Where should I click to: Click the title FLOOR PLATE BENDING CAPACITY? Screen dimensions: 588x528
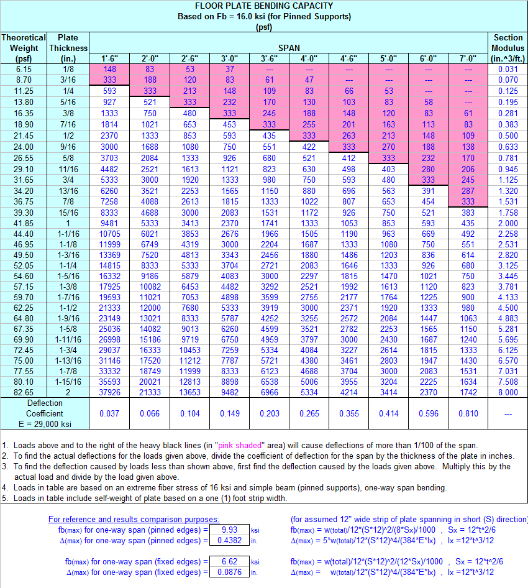[264, 6]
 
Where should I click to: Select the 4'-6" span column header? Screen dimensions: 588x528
[348, 59]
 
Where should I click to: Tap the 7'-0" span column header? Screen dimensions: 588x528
[468, 59]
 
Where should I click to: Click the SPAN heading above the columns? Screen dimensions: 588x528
[289, 48]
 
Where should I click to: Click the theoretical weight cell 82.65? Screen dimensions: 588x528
[24, 392]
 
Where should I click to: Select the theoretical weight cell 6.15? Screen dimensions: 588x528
[24, 69]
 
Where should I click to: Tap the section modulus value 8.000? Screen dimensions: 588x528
[508, 392]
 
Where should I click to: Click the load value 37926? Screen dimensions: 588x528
[110, 392]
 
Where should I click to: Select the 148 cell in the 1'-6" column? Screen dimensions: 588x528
[110, 69]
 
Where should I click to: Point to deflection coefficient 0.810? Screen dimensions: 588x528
[468, 413]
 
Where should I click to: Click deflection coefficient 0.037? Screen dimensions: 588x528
[110, 413]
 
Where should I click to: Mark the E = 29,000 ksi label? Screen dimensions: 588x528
[45, 423]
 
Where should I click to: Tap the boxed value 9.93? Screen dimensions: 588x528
[229, 530]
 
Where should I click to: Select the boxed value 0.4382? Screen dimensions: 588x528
[229, 540]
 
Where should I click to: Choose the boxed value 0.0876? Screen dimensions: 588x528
[229, 572]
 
